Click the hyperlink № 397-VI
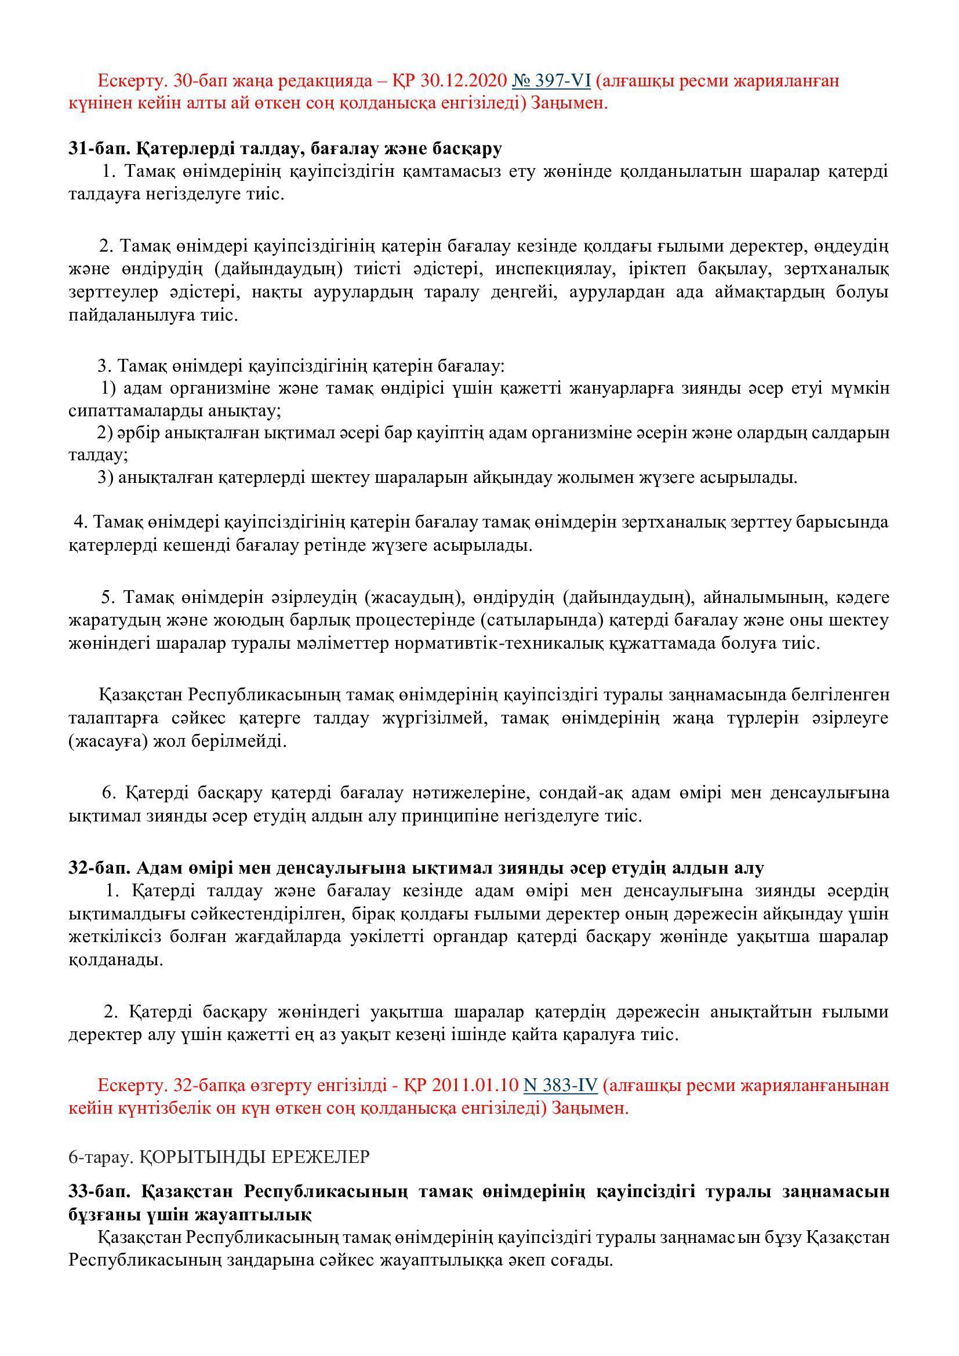click(x=551, y=80)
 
